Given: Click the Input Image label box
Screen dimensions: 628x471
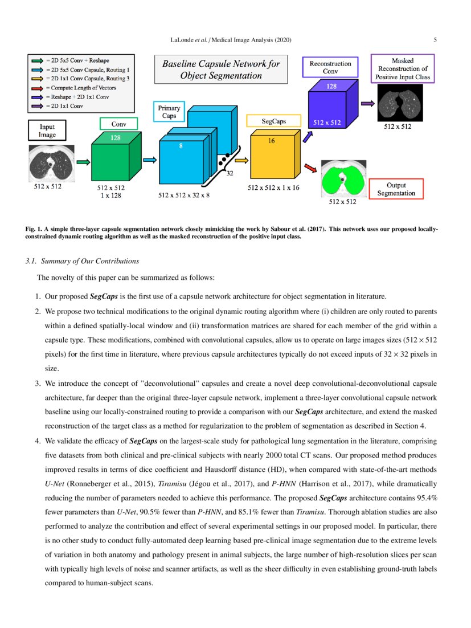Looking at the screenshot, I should tap(47, 131).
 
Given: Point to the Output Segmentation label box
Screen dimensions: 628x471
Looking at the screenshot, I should tap(396, 189).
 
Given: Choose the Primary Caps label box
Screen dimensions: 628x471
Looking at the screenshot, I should tap(169, 112).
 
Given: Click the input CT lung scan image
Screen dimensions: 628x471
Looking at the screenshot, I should tap(50, 162).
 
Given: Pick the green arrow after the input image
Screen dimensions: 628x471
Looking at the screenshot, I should tap(83, 162).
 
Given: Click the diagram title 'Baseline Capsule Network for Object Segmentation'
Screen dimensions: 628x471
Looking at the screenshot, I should tap(220, 70).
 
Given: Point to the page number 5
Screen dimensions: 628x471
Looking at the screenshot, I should tap(435, 40).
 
